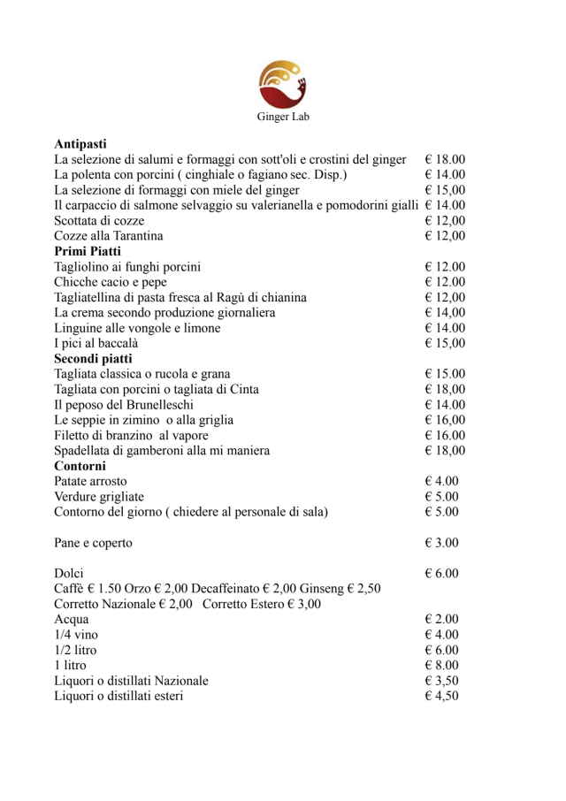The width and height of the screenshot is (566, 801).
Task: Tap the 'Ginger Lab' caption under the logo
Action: (x=283, y=116)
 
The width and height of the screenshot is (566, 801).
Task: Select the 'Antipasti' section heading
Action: (x=80, y=144)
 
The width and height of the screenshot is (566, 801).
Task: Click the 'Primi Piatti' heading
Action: (x=88, y=251)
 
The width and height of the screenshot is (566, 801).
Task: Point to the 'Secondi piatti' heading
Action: (x=93, y=359)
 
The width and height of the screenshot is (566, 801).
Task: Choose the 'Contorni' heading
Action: (x=80, y=466)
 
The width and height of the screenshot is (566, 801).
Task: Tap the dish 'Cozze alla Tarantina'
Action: (x=109, y=236)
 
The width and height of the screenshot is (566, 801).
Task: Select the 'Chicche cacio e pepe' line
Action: (x=111, y=282)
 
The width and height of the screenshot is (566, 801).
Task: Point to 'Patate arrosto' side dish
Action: (x=90, y=482)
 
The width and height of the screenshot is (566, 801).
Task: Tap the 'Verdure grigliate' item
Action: (x=99, y=497)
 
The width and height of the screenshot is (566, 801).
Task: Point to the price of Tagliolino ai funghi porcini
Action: (x=445, y=267)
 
